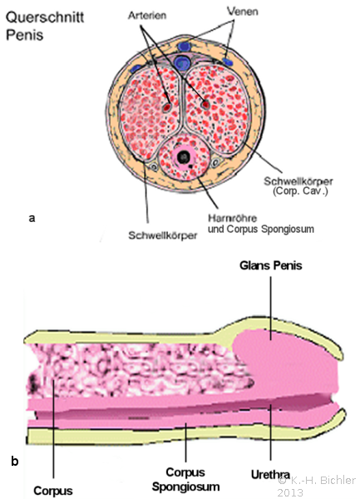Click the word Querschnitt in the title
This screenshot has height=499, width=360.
point(45,17)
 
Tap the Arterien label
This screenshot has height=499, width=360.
point(147,15)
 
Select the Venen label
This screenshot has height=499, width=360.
point(242,12)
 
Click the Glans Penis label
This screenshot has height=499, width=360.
point(271,265)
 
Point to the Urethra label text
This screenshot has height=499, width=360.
point(270,475)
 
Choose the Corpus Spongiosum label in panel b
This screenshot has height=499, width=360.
point(185,479)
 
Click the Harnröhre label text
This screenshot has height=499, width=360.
point(233,218)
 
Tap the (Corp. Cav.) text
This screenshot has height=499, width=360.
point(300,191)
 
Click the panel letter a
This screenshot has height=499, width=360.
point(32,218)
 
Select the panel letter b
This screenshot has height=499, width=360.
point(15,461)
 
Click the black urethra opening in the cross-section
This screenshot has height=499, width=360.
point(184,156)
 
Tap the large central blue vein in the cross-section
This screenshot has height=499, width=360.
point(181,62)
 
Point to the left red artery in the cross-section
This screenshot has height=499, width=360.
point(167,106)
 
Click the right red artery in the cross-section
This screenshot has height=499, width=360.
point(205,104)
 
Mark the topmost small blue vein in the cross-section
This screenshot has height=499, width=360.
point(184,47)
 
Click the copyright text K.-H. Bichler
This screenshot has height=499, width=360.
point(317,480)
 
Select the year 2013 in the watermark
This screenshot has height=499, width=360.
point(290,492)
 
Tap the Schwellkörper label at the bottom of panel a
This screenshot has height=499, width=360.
point(162,236)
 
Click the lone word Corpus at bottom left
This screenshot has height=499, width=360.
point(53,491)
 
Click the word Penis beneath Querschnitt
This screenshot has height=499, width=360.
point(24,35)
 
